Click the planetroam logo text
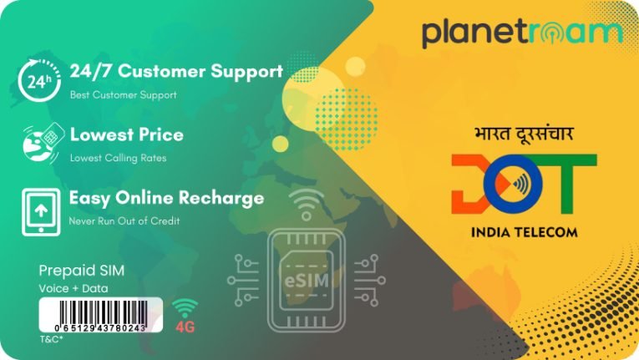click(522, 33)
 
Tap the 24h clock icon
click(39, 80)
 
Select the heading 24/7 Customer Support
click(176, 71)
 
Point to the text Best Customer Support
click(123, 95)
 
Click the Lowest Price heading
click(127, 134)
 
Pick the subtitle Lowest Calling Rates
click(118, 158)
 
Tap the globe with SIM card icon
click(43, 143)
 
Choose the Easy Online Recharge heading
click(167, 198)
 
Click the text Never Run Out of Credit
click(124, 221)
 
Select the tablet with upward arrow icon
click(41, 212)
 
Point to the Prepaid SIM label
click(82, 271)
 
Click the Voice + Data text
click(74, 289)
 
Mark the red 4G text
click(185, 327)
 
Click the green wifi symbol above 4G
click(185, 308)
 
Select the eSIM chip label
click(307, 281)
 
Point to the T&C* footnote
click(51, 339)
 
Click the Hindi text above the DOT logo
click(524, 134)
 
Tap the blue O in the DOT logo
click(513, 184)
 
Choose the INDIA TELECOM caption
click(525, 232)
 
